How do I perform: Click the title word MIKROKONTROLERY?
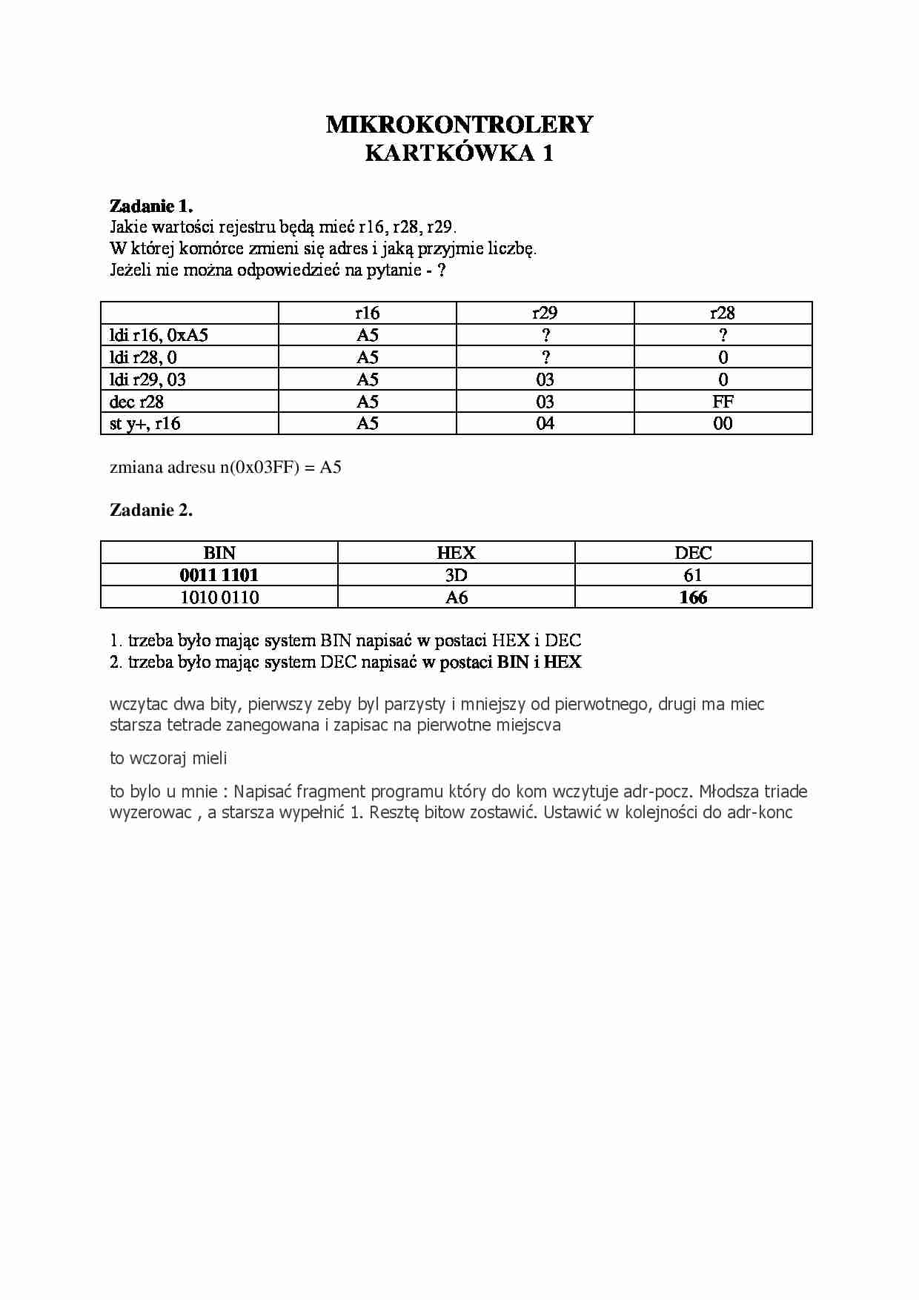click(459, 125)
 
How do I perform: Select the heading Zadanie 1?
click(151, 206)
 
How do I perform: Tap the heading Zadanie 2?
click(151, 510)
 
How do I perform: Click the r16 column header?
click(368, 313)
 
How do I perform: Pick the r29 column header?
click(545, 313)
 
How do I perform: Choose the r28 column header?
click(723, 313)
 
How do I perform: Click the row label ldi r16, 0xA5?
click(159, 335)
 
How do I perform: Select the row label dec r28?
click(136, 402)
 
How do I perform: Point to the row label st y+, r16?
click(145, 423)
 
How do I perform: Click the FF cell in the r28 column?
click(723, 402)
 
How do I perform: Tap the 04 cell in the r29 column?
click(545, 423)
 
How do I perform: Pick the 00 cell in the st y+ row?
click(723, 423)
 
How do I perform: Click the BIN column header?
click(219, 553)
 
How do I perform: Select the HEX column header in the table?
click(456, 553)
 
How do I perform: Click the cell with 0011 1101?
click(219, 575)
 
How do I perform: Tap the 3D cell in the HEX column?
click(456, 575)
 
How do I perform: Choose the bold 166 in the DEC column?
click(693, 597)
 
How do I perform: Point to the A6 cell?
click(456, 597)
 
